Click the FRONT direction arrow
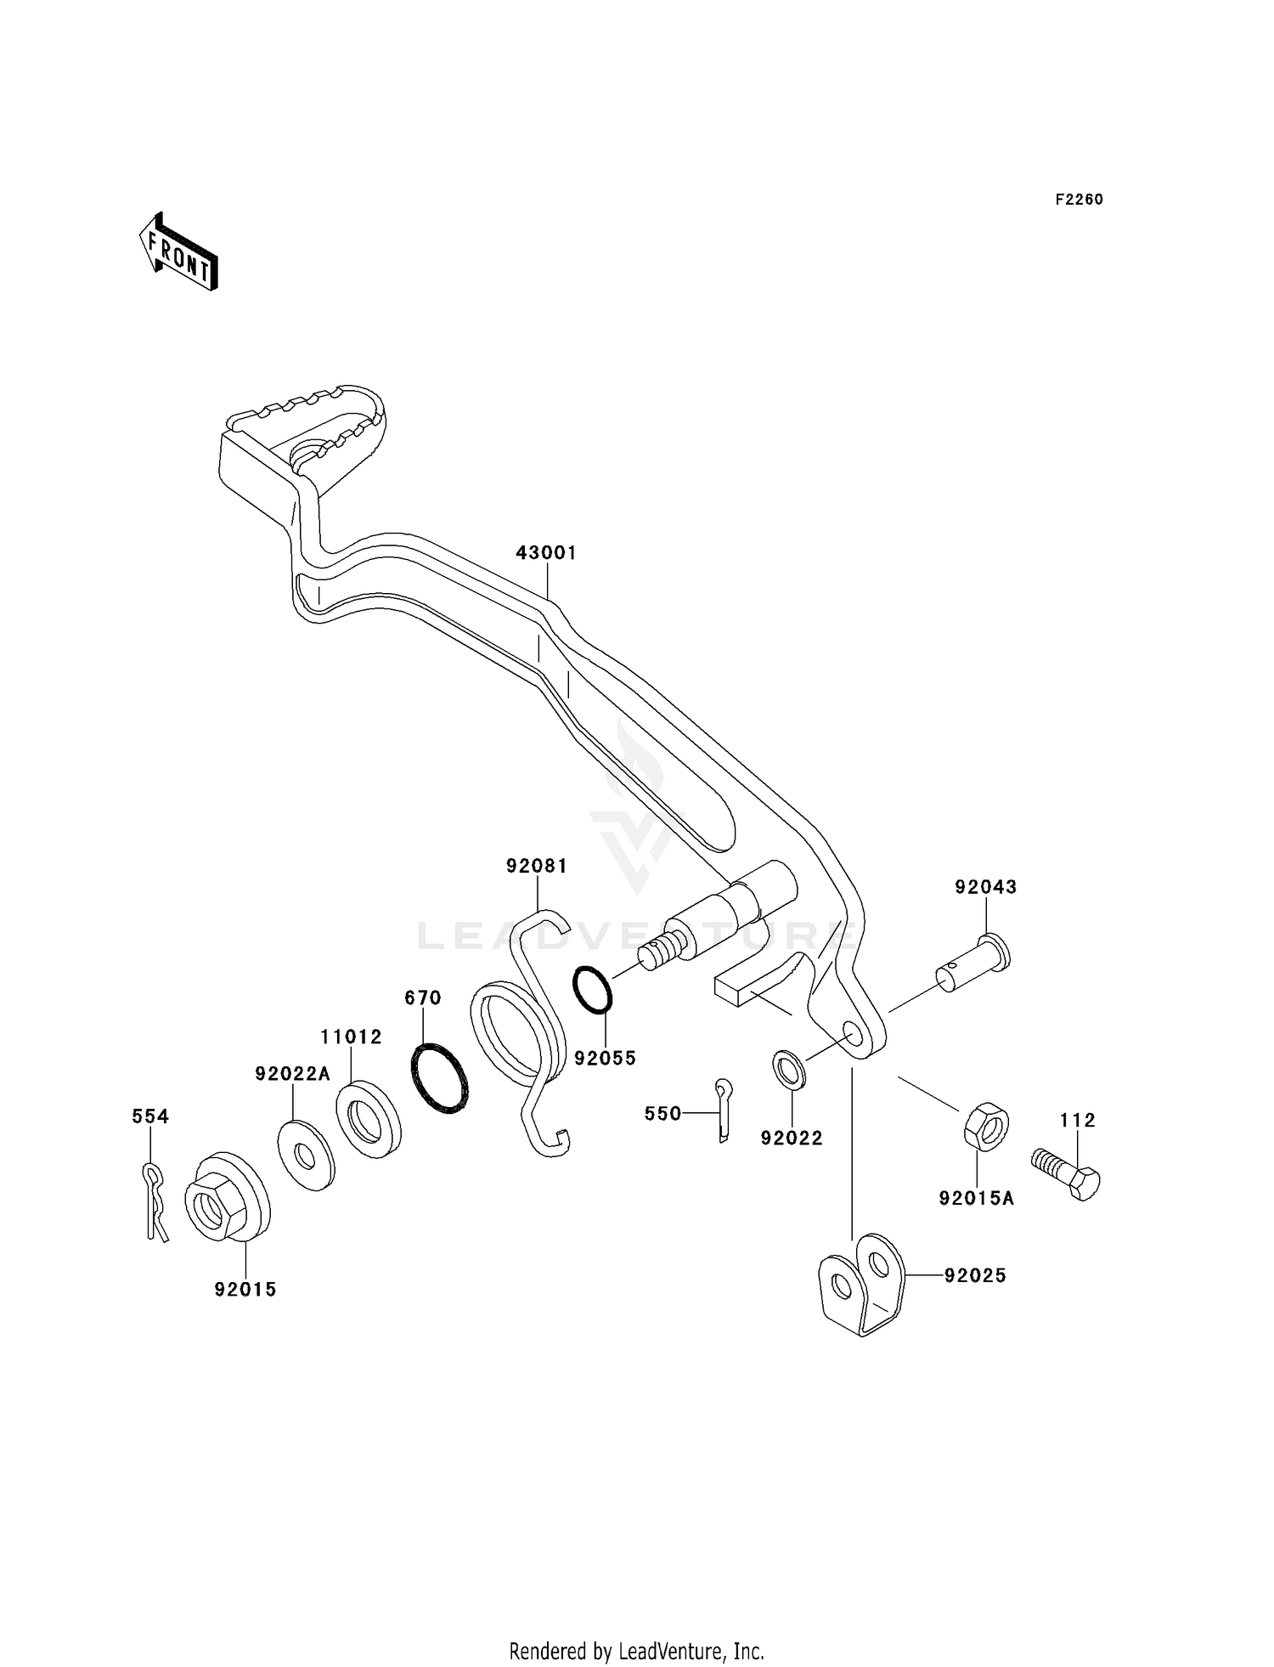(x=178, y=252)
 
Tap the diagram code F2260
(x=1079, y=200)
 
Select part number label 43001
(x=546, y=553)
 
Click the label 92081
(x=537, y=867)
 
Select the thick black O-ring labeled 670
(x=439, y=1077)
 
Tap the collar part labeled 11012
(x=369, y=1119)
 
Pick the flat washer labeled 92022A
(x=306, y=1156)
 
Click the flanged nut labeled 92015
(x=225, y=1196)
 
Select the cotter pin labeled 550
(x=722, y=1110)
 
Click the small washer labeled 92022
(x=790, y=1069)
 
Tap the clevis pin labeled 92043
(x=975, y=963)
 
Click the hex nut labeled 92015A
(x=986, y=1126)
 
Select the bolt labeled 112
(x=1067, y=1173)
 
